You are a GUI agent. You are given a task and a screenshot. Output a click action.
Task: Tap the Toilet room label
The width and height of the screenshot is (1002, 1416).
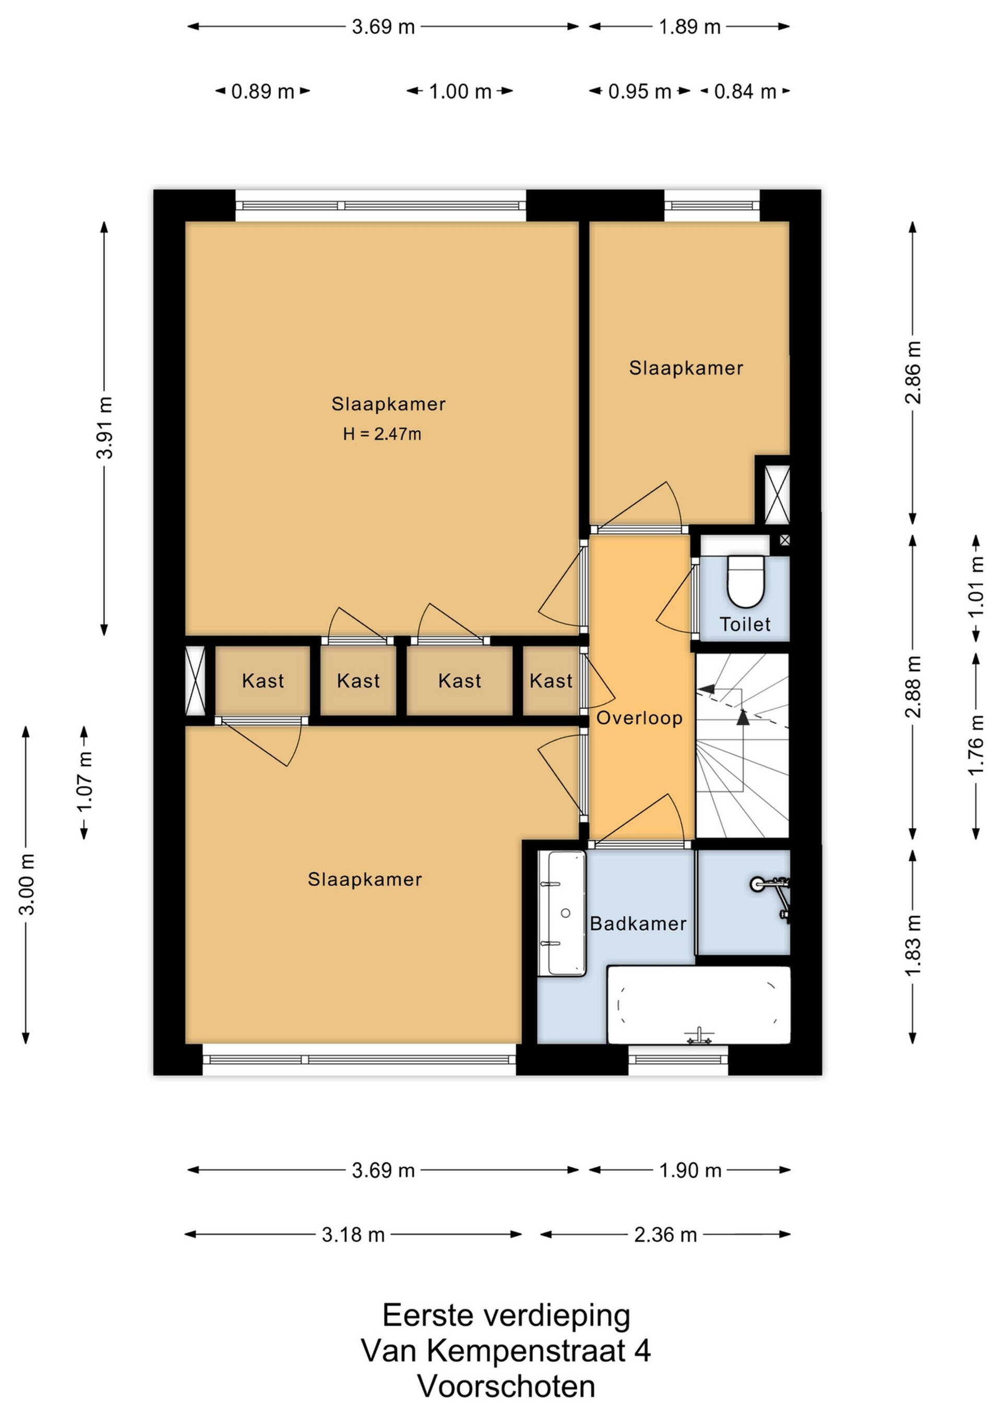click(745, 624)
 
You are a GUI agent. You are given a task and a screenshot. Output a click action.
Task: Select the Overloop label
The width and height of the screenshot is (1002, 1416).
click(639, 718)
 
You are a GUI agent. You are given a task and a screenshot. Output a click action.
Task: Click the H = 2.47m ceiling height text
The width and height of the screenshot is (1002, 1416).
click(382, 434)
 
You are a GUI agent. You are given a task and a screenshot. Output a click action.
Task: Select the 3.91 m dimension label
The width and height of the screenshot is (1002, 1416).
click(105, 428)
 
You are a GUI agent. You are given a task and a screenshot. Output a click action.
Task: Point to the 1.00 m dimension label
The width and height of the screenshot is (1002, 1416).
click(460, 92)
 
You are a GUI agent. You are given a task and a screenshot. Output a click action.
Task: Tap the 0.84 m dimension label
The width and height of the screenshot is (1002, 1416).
click(745, 92)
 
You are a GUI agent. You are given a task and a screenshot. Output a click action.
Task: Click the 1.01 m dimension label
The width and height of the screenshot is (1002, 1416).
click(975, 587)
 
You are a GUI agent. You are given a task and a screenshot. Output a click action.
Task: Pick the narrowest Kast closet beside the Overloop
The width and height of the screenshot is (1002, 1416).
click(551, 681)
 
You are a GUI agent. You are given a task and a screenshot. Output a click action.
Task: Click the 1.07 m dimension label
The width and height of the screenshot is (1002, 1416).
click(85, 782)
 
